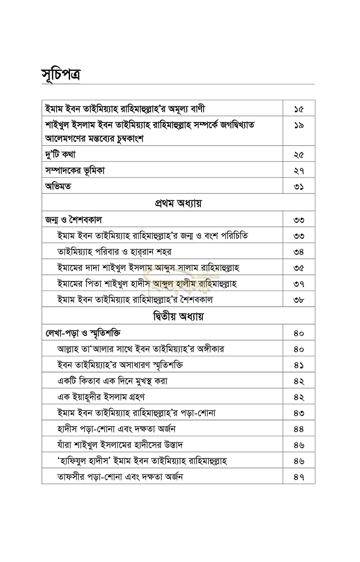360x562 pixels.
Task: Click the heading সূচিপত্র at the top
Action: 60,74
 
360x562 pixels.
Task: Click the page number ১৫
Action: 299,109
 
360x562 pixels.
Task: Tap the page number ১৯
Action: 299,125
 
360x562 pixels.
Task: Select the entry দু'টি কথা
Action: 60,154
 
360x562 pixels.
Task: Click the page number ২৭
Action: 299,171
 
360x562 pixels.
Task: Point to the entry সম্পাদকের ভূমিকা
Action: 75,171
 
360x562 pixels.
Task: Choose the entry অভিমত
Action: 58,186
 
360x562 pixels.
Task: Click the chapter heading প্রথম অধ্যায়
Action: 178,203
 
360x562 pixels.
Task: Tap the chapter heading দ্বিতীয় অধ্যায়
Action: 178,317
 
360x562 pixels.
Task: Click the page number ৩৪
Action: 299,252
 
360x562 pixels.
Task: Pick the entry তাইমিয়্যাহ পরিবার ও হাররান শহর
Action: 114,252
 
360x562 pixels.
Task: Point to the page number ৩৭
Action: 299,284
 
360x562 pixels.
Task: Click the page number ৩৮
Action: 299,300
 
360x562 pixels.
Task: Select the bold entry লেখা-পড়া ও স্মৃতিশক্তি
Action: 83,333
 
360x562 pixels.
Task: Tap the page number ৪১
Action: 299,365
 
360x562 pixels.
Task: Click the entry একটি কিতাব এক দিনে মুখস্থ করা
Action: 112,381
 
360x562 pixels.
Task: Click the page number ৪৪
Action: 299,429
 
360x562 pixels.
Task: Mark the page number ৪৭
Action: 299,477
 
